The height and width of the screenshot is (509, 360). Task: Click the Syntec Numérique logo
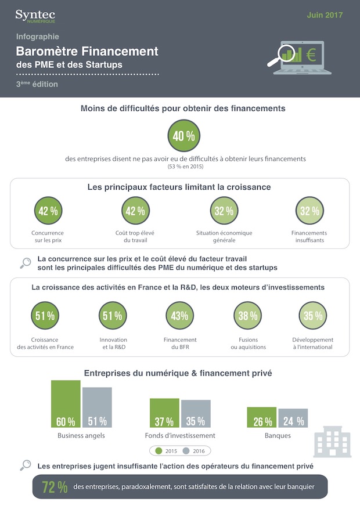(x=35, y=16)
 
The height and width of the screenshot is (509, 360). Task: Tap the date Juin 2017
(x=325, y=15)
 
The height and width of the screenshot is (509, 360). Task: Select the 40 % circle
(x=184, y=136)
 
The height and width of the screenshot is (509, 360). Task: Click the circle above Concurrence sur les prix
(x=48, y=211)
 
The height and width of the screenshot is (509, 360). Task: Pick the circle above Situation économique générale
(x=224, y=211)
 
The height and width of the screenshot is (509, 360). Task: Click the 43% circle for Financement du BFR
(x=180, y=316)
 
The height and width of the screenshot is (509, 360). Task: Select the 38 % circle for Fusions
(x=248, y=316)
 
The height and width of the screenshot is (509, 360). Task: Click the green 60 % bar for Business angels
(x=66, y=404)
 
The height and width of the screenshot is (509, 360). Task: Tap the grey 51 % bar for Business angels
(x=97, y=407)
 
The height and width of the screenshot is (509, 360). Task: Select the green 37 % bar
(x=164, y=413)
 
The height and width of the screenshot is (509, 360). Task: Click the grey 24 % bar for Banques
(x=293, y=418)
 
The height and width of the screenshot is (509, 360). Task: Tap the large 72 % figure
(x=55, y=488)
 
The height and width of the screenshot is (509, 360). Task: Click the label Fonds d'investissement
(x=180, y=435)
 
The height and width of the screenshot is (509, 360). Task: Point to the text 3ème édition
(x=37, y=84)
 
